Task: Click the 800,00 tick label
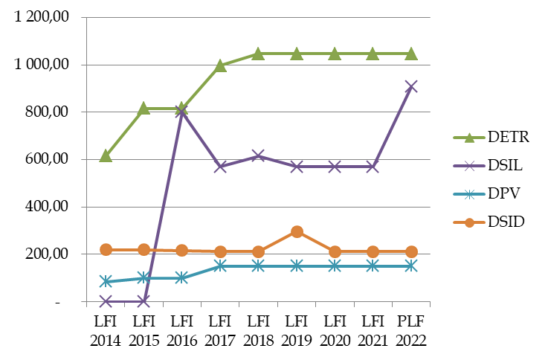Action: (51, 112)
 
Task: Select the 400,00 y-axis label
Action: (51, 207)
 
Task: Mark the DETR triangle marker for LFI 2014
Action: (106, 155)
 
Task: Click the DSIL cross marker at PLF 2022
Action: (410, 86)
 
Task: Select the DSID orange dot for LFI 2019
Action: (297, 231)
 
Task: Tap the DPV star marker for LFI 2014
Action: (106, 281)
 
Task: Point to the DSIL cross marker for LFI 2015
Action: (144, 301)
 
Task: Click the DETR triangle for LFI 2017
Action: (220, 65)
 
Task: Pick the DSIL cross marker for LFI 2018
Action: (258, 155)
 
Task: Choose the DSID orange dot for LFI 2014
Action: (106, 250)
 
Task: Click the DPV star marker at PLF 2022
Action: (410, 266)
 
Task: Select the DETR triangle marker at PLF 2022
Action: (410, 54)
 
